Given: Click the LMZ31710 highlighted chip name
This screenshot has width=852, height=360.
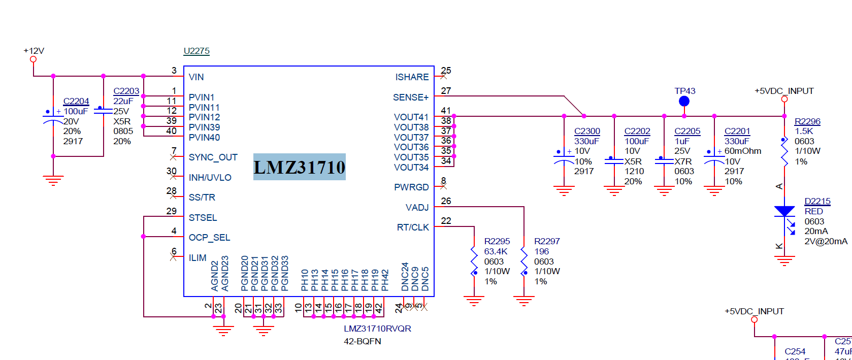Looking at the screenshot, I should (x=300, y=167).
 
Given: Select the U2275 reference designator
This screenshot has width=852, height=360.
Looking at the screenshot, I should (x=196, y=51).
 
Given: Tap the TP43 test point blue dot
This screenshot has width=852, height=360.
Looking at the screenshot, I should (x=684, y=102).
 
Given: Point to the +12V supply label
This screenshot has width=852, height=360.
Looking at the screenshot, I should (x=34, y=51).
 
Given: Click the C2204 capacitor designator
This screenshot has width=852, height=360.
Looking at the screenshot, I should (x=76, y=102).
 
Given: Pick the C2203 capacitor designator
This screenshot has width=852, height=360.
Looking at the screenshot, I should (x=126, y=91).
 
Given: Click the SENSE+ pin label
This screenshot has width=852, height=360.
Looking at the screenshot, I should (x=410, y=97).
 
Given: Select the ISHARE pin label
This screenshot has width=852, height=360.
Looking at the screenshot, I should (x=412, y=77).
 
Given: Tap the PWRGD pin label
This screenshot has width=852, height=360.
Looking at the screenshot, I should (x=411, y=187).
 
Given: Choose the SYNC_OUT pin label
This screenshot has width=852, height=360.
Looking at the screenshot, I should (x=213, y=157).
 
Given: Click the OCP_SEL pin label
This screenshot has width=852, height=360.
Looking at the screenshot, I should (x=209, y=238).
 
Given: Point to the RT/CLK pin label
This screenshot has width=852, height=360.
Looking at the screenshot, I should (x=413, y=227).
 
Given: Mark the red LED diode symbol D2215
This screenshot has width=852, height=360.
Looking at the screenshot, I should (x=784, y=211).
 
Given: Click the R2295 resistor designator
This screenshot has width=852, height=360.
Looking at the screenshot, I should (x=497, y=241).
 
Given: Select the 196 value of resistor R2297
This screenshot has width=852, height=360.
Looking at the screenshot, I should (x=541, y=251).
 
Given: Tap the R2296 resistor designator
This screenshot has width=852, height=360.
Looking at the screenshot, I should (x=807, y=121).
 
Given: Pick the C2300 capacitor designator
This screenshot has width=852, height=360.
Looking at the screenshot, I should (x=587, y=131).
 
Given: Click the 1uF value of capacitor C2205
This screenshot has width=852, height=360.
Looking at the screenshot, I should (x=682, y=141).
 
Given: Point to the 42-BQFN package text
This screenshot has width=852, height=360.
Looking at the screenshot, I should (x=363, y=341).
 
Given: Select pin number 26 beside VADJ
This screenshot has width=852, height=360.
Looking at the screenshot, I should (x=446, y=201).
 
